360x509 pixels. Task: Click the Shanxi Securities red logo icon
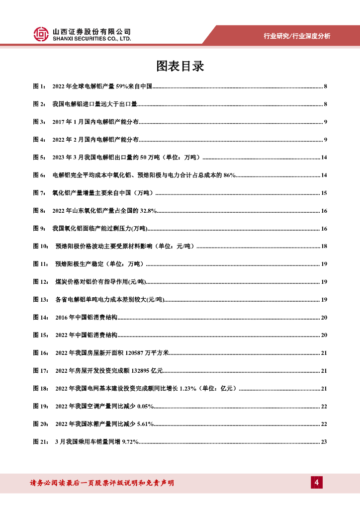41,34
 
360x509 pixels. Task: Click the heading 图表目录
180,66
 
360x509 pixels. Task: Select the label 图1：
39,86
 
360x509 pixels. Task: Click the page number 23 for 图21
324,442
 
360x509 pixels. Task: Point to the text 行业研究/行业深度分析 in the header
296,36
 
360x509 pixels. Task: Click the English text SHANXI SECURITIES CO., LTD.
92,38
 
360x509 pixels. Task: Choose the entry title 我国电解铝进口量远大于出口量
94,104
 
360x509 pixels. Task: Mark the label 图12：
41,282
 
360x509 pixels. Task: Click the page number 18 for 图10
324,247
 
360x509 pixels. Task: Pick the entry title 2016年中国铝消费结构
86,318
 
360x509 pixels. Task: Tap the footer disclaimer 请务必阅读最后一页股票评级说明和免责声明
102,483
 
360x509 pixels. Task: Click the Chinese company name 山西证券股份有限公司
92,31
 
